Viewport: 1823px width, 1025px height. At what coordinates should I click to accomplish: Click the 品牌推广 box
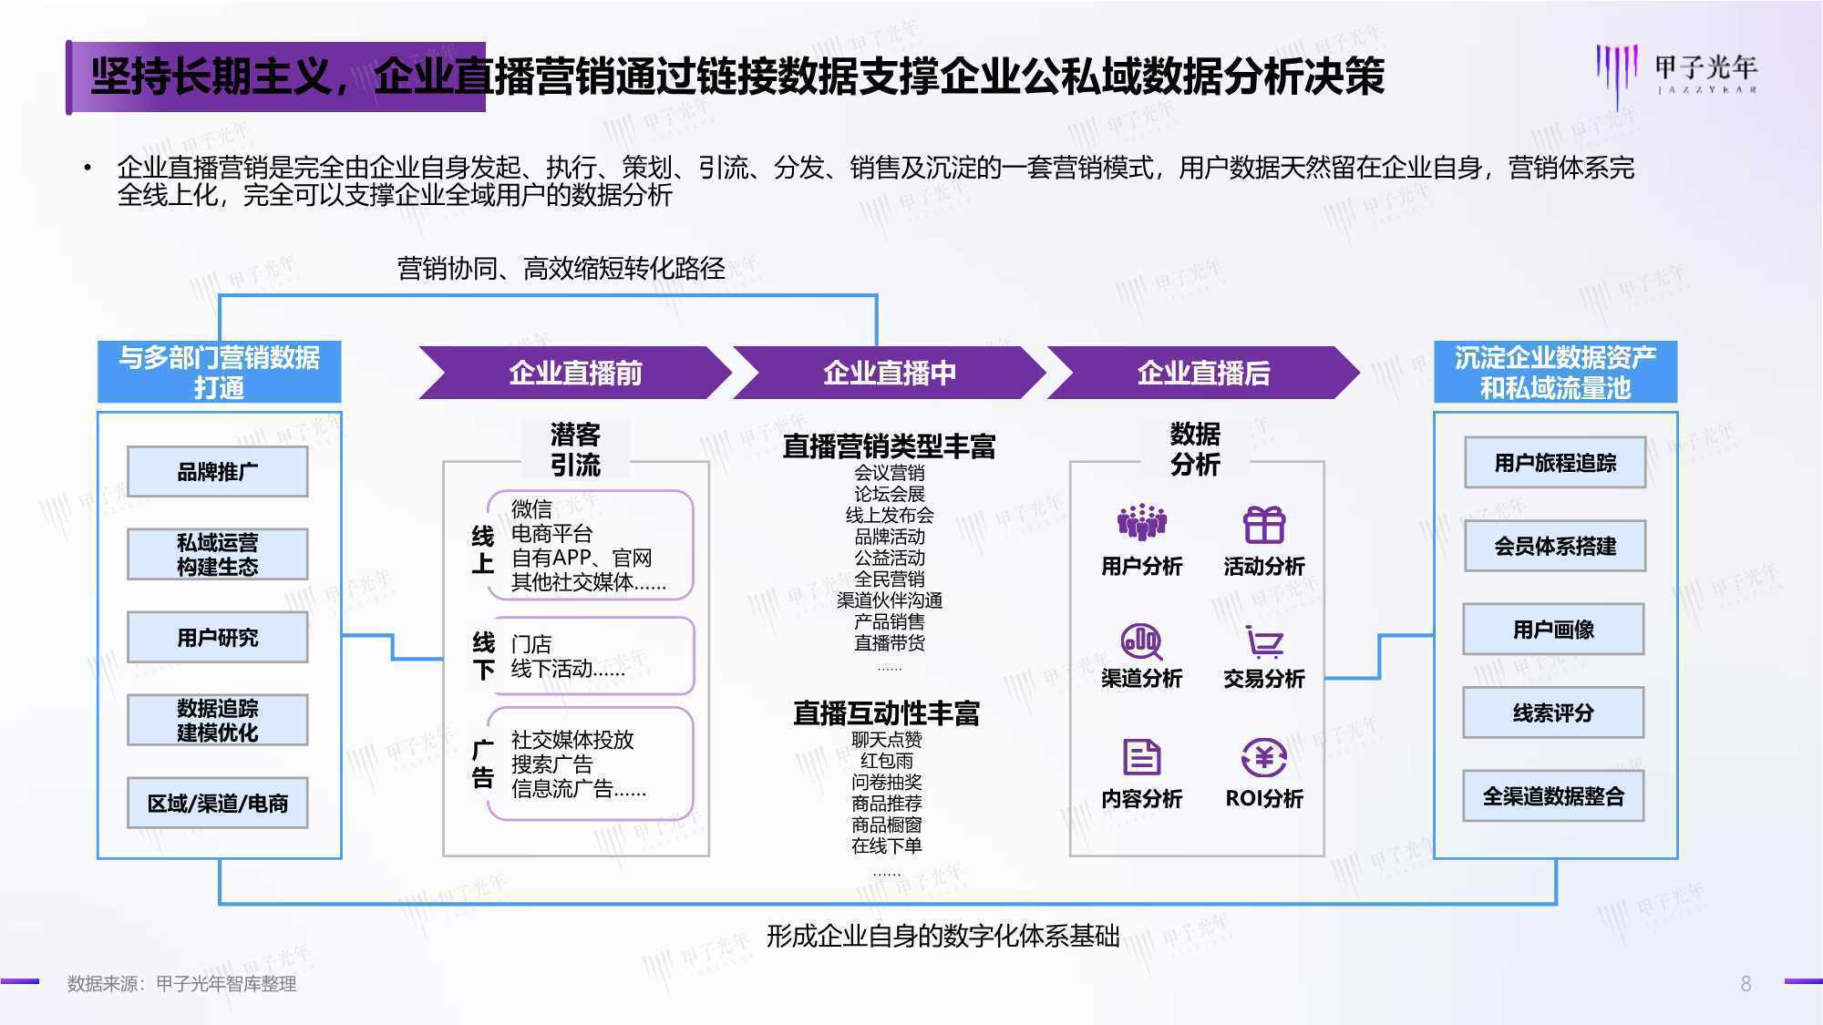click(217, 471)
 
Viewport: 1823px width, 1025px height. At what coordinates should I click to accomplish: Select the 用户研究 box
click(217, 637)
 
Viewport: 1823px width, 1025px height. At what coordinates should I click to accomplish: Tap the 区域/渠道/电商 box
click(217, 803)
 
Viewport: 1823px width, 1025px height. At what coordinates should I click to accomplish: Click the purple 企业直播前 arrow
click(575, 373)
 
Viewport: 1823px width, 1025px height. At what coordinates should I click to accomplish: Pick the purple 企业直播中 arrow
click(890, 373)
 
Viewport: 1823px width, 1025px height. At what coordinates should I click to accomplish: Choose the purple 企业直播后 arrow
click(1203, 373)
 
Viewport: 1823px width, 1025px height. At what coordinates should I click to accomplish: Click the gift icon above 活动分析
click(1264, 524)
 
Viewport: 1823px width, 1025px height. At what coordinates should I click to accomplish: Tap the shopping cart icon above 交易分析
click(1264, 641)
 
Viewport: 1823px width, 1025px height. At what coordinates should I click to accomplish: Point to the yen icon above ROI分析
click(1264, 757)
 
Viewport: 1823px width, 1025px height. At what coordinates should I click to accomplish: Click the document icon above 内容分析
click(1141, 757)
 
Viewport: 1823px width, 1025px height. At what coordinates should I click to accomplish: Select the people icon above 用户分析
click(1141, 522)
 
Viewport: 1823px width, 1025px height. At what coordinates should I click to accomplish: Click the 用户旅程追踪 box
click(1555, 463)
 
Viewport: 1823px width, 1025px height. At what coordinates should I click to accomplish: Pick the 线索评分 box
click(1553, 712)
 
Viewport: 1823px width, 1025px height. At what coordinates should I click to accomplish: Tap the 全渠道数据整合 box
click(1553, 796)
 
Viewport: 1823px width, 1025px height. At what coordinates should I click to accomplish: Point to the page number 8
click(1746, 984)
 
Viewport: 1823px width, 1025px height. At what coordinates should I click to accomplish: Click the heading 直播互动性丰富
click(886, 712)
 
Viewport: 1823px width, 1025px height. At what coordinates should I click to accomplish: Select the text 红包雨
click(887, 761)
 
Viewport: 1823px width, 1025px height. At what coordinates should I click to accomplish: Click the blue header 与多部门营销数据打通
click(219, 372)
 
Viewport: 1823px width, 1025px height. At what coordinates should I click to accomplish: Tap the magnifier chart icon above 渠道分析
click(1141, 641)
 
